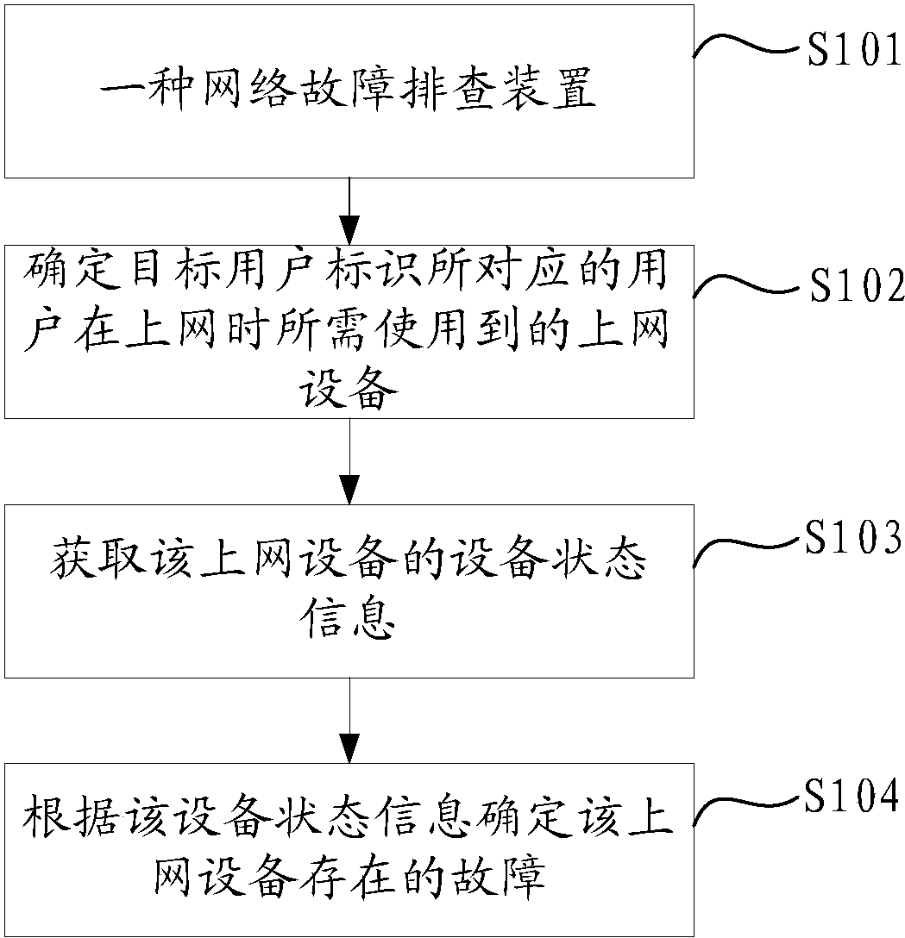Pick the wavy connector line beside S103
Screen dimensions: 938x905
click(x=746, y=545)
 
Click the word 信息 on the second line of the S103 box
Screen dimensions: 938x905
click(x=349, y=617)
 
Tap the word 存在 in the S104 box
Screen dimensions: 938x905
click(x=349, y=877)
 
